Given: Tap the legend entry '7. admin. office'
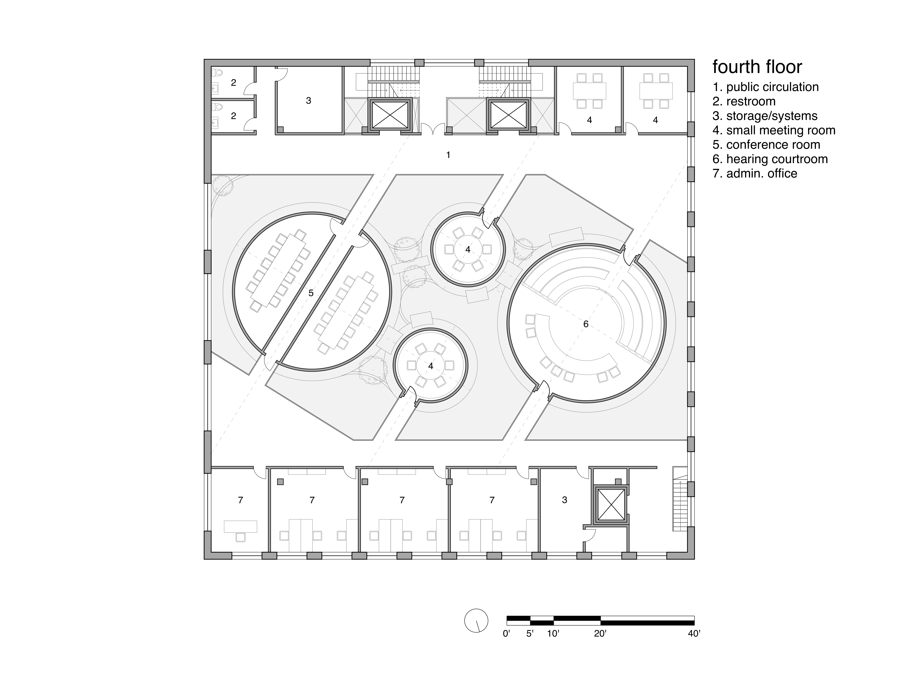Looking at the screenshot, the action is pos(755,174).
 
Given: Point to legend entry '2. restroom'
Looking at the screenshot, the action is pos(744,101).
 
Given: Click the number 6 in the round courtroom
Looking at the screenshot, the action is pos(586,324).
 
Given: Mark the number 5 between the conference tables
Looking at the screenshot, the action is pos(311,293).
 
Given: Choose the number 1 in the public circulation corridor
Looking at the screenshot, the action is pos(448,155).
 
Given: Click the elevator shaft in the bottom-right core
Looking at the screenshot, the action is pos(610,504).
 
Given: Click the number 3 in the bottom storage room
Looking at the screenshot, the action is pos(565,500).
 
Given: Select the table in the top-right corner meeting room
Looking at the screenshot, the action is pos(656,91).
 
